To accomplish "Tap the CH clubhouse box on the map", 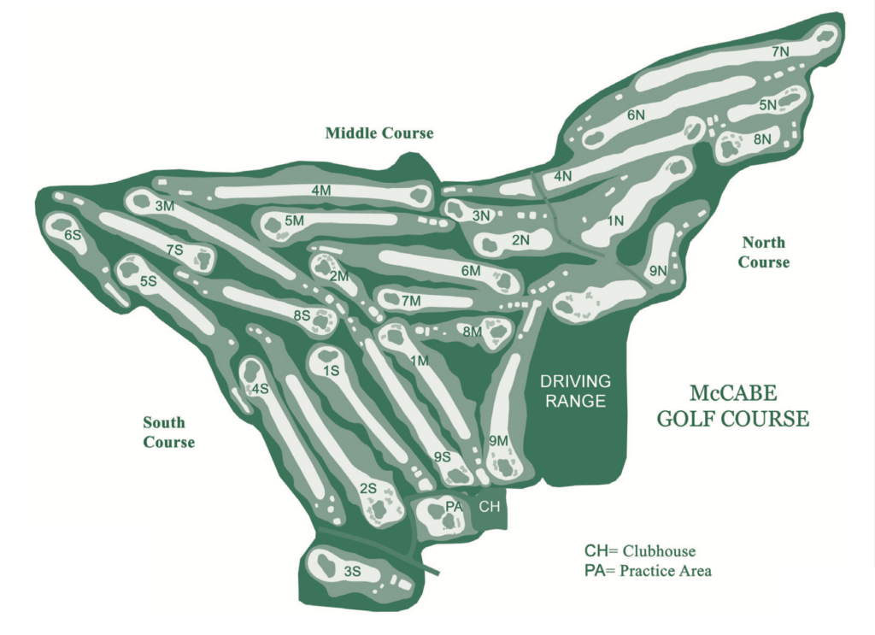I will [489, 507].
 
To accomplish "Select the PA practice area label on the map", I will [454, 507].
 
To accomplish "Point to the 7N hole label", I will [780, 52].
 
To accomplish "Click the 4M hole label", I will [321, 191].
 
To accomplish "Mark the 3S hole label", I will [352, 572].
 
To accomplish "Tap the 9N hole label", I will [657, 271].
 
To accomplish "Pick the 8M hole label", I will [472, 331].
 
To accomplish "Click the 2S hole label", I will [368, 488].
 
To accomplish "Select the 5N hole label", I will [767, 105].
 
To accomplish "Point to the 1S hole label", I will [332, 370].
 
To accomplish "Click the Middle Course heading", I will [379, 133].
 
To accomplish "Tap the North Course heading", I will [764, 252].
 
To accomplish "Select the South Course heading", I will [168, 432].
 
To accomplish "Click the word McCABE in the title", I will [733, 394].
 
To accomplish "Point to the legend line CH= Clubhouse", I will [640, 550].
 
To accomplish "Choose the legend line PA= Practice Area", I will [648, 570].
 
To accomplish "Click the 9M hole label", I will [499, 440].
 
